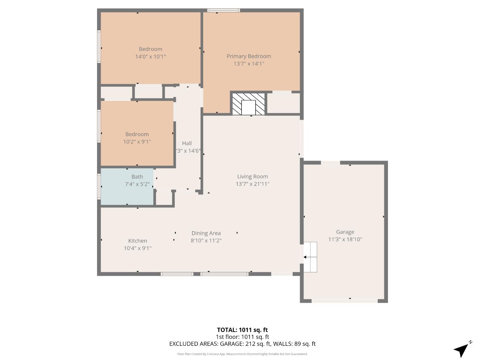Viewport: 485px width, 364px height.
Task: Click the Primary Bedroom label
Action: (x=249, y=56)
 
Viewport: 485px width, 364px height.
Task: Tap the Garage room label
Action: (x=345, y=232)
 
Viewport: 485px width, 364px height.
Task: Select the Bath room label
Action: (x=137, y=177)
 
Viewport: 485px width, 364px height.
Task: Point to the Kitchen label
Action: (x=137, y=241)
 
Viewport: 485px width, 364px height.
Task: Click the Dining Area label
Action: (x=206, y=233)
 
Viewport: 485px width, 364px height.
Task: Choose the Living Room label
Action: (x=253, y=176)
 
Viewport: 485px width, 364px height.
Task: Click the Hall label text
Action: (x=187, y=143)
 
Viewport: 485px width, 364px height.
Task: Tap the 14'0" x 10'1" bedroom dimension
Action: (x=151, y=57)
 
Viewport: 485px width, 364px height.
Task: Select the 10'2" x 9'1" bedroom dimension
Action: (x=137, y=142)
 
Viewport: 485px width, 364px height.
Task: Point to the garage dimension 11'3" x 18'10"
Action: (x=345, y=239)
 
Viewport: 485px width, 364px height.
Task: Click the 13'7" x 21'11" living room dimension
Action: (x=253, y=184)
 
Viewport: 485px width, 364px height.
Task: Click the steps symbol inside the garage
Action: (x=310, y=257)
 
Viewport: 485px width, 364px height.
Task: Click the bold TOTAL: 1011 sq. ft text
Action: (x=242, y=330)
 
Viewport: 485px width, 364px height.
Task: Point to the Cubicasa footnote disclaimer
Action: (x=242, y=354)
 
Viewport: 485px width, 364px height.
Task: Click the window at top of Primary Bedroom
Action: (x=224, y=10)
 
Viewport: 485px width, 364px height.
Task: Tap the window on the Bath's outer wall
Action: (x=99, y=186)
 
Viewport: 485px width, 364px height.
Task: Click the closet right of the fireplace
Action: (x=283, y=103)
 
